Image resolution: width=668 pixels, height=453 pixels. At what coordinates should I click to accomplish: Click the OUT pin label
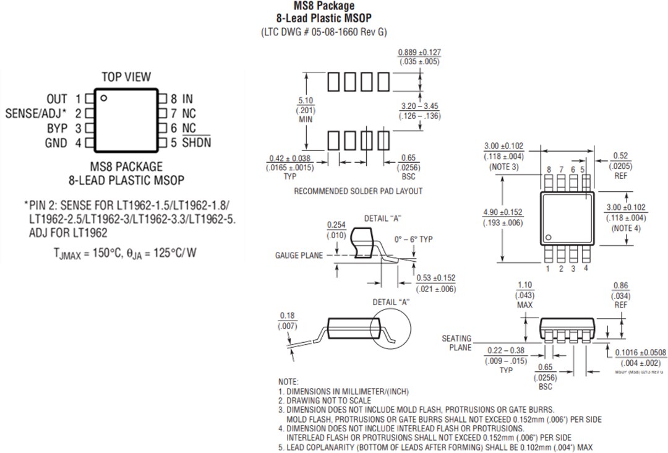56,99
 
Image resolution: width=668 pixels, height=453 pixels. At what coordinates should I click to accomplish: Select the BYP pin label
57,129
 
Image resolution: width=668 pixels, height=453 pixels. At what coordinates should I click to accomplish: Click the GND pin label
56,144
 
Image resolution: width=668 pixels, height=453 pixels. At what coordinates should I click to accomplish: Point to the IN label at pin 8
187,99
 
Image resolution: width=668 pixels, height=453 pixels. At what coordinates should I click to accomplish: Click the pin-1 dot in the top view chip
104,98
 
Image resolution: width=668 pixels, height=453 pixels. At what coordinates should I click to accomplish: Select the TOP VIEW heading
126,77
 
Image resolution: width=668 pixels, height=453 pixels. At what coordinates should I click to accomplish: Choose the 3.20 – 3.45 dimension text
419,106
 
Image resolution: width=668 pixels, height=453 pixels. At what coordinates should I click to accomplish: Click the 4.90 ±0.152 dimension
502,213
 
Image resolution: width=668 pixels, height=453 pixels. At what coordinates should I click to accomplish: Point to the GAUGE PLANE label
299,256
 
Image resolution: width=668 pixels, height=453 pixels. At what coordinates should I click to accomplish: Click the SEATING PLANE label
456,343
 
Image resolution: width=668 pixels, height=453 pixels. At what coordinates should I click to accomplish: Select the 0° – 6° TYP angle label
414,239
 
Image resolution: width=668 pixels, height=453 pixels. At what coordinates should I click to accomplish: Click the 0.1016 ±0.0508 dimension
641,353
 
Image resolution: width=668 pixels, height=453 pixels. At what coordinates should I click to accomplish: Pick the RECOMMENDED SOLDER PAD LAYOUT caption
358,191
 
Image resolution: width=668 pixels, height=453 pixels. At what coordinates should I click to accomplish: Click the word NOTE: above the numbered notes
288,382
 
